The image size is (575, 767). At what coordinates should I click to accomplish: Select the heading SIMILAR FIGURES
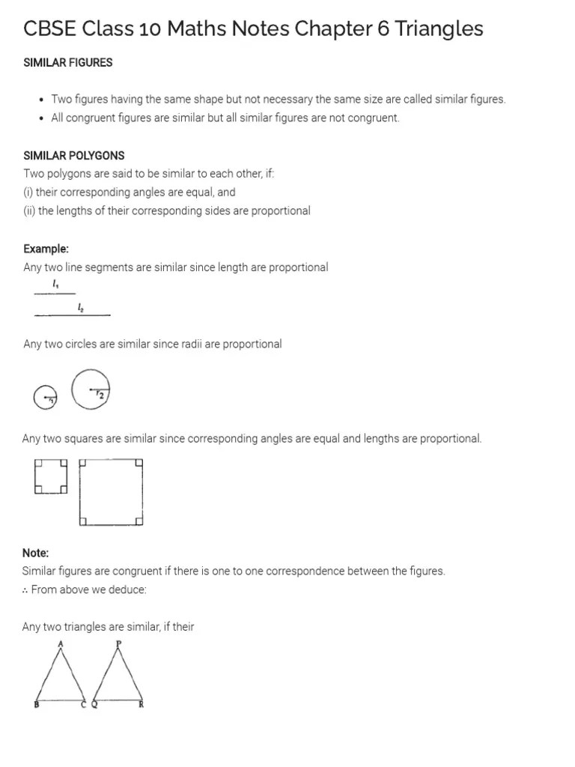(x=68, y=63)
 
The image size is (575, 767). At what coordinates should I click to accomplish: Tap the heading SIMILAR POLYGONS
(x=74, y=156)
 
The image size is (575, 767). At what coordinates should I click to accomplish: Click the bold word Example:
(x=46, y=249)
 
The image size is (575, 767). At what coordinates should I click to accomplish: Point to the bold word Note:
(x=36, y=553)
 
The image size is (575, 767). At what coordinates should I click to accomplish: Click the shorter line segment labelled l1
(x=55, y=293)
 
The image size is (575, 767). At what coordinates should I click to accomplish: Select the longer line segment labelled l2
(x=73, y=315)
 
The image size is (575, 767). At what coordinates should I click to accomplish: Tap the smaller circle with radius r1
(x=45, y=398)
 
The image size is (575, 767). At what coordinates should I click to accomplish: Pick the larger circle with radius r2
(x=91, y=389)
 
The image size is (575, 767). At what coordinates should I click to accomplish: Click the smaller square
(x=51, y=477)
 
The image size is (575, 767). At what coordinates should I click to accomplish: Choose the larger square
(x=112, y=492)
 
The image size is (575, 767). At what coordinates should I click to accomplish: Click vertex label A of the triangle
(x=60, y=643)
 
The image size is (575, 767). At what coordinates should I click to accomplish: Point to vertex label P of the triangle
(x=118, y=643)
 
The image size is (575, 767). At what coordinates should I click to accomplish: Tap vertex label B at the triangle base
(x=37, y=705)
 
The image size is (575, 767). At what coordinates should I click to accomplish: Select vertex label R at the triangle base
(x=142, y=705)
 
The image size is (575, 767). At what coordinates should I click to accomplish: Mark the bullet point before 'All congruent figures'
(x=41, y=118)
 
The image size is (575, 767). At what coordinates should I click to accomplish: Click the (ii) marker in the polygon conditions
(x=29, y=210)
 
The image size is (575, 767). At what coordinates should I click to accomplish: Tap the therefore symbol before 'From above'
(x=26, y=589)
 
